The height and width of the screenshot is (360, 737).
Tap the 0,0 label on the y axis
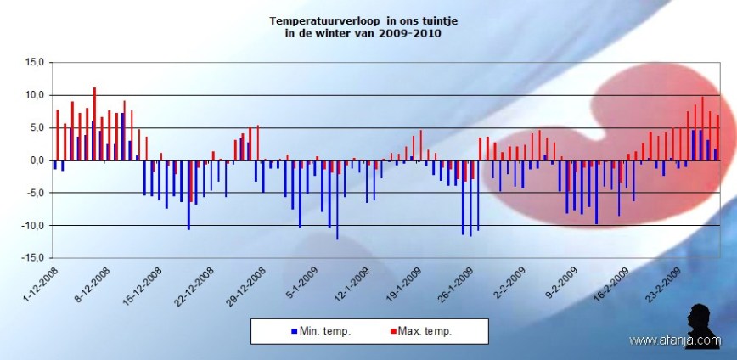tap(35, 160)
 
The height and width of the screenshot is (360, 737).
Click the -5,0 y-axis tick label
tap(33, 193)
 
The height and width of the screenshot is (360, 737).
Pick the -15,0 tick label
tap(31, 258)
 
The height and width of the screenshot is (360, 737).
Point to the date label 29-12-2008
tap(245, 285)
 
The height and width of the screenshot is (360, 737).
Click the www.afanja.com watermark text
tap(674, 340)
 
